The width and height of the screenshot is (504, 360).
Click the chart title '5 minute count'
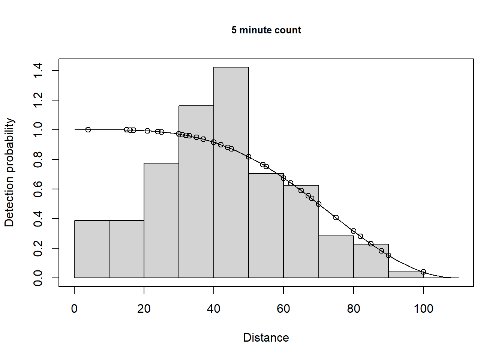266,30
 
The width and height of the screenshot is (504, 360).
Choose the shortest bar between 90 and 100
406,275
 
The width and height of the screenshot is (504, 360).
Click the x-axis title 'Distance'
266,337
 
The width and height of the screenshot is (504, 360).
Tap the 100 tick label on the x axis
423,309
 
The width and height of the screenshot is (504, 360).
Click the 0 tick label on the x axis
74,309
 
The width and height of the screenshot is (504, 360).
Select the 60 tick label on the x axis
283,309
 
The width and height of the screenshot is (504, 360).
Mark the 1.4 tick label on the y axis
38,70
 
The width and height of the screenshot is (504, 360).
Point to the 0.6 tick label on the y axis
38,189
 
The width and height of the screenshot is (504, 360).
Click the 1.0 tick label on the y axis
38,130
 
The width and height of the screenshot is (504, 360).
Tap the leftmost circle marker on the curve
88,130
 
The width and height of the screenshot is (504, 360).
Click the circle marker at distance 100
423,272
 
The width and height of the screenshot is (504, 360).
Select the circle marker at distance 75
336,217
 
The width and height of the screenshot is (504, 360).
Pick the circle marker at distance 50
249,157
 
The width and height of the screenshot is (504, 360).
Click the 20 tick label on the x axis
144,309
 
